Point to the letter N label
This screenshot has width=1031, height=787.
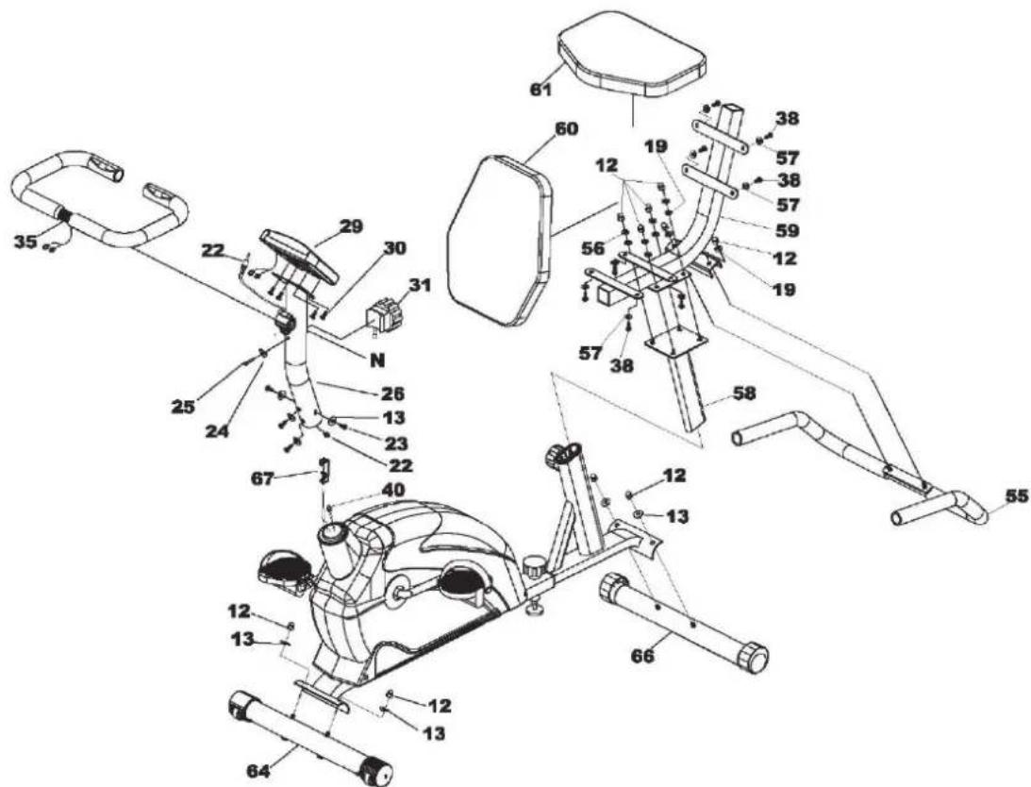pyautogui.click(x=377, y=359)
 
